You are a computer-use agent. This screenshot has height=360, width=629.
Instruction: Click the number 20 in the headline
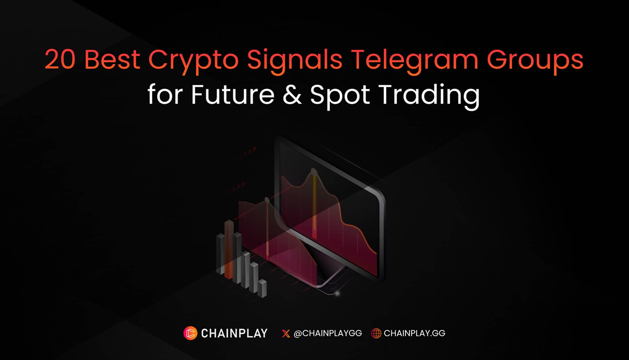tap(60, 59)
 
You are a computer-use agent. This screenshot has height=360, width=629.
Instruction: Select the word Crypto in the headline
tap(193, 61)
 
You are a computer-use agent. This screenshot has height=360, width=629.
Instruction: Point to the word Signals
tap(294, 61)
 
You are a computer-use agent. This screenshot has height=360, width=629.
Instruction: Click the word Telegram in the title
tap(414, 61)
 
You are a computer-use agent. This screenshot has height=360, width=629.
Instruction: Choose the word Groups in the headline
tap(535, 61)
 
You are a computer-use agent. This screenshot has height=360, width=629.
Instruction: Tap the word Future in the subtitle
tap(232, 95)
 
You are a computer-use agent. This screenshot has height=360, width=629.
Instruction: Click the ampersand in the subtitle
tap(292, 95)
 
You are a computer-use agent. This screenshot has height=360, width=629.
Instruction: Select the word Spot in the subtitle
tap(340, 95)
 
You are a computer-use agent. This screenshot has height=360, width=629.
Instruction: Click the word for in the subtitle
tap(165, 95)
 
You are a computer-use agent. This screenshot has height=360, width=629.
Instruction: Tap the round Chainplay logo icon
tap(190, 333)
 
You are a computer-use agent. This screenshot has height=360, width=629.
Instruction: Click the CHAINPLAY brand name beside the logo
tap(234, 333)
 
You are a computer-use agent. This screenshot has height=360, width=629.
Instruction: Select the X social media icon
tap(286, 333)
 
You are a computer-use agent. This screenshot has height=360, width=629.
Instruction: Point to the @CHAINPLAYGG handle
tap(328, 333)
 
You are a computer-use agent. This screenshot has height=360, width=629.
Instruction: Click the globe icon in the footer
tap(376, 333)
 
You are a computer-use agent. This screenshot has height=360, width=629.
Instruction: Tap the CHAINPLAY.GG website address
tap(414, 333)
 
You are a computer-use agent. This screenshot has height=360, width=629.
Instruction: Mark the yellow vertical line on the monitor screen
tap(314, 204)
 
